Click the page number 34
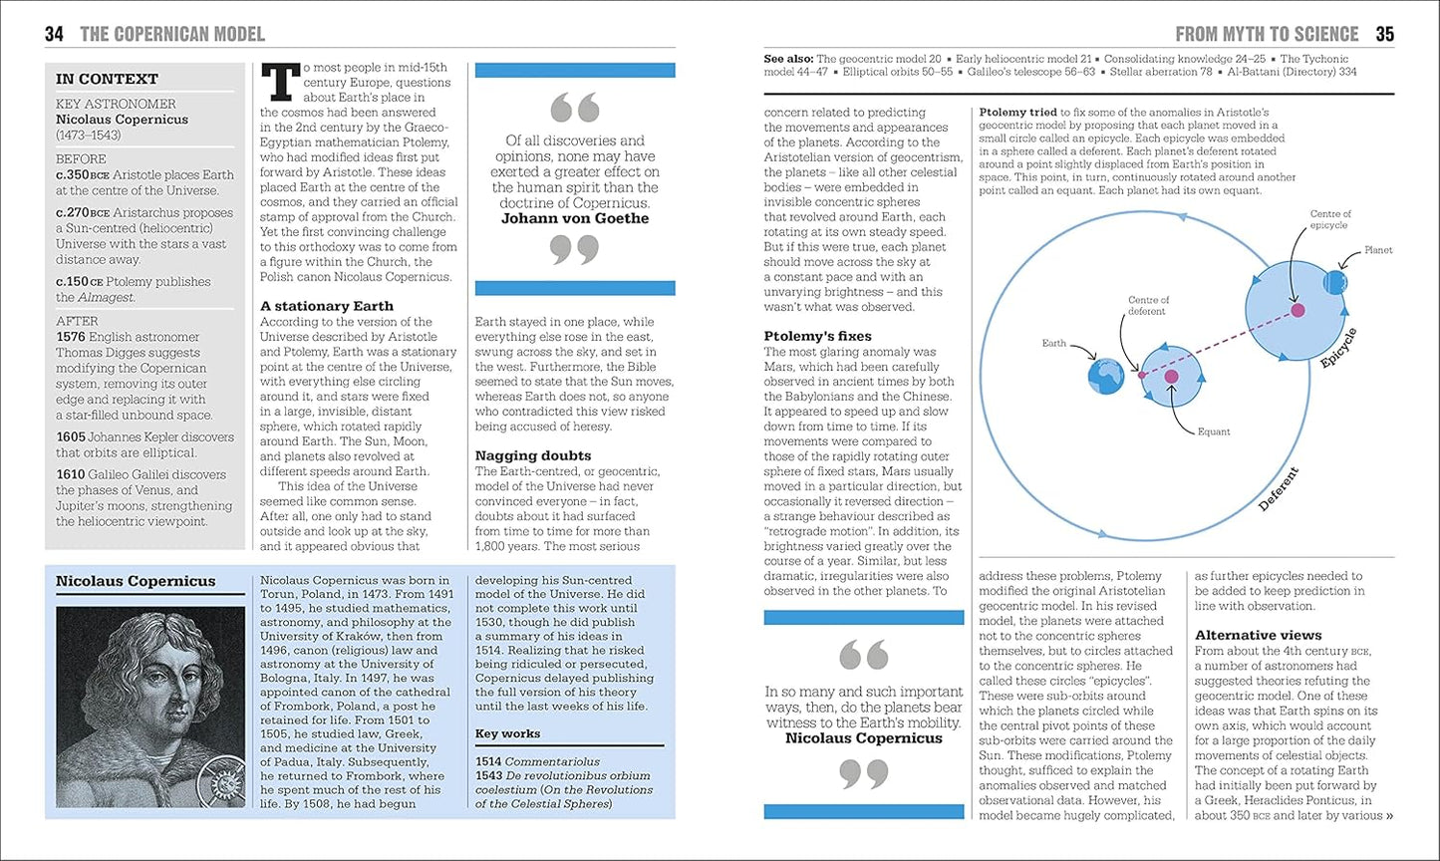pyautogui.click(x=54, y=35)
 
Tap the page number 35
pyautogui.click(x=1384, y=35)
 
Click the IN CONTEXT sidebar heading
pyautogui.click(x=107, y=79)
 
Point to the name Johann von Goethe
pyautogui.click(x=574, y=218)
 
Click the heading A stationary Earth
pyautogui.click(x=327, y=306)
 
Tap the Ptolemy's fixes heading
pyautogui.click(x=817, y=336)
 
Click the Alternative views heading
pyautogui.click(x=1259, y=635)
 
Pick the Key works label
pyautogui.click(x=507, y=733)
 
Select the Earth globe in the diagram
pyautogui.click(x=1106, y=376)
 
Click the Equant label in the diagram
pyautogui.click(x=1214, y=431)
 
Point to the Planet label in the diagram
pyautogui.click(x=1378, y=250)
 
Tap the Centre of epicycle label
pyautogui.click(x=1330, y=219)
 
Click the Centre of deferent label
pyautogui.click(x=1148, y=305)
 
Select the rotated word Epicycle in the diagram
pyautogui.click(x=1338, y=348)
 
